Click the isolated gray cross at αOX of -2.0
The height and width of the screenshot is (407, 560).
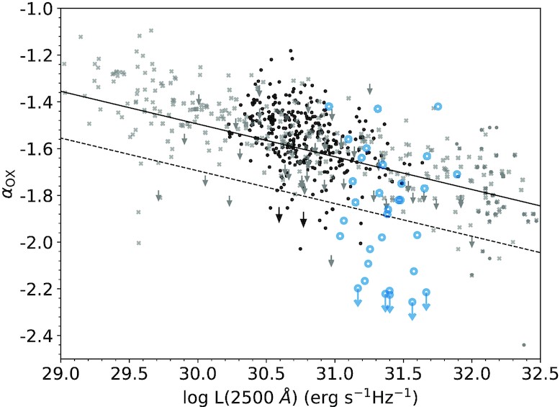coord(138,243)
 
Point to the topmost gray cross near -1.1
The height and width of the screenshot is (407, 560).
coord(150,31)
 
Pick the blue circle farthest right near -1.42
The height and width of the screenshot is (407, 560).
coord(438,107)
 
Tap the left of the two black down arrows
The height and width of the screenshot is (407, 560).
coord(279,215)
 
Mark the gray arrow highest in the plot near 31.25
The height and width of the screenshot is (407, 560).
coord(370,89)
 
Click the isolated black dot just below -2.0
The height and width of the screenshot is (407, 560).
coord(300,249)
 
